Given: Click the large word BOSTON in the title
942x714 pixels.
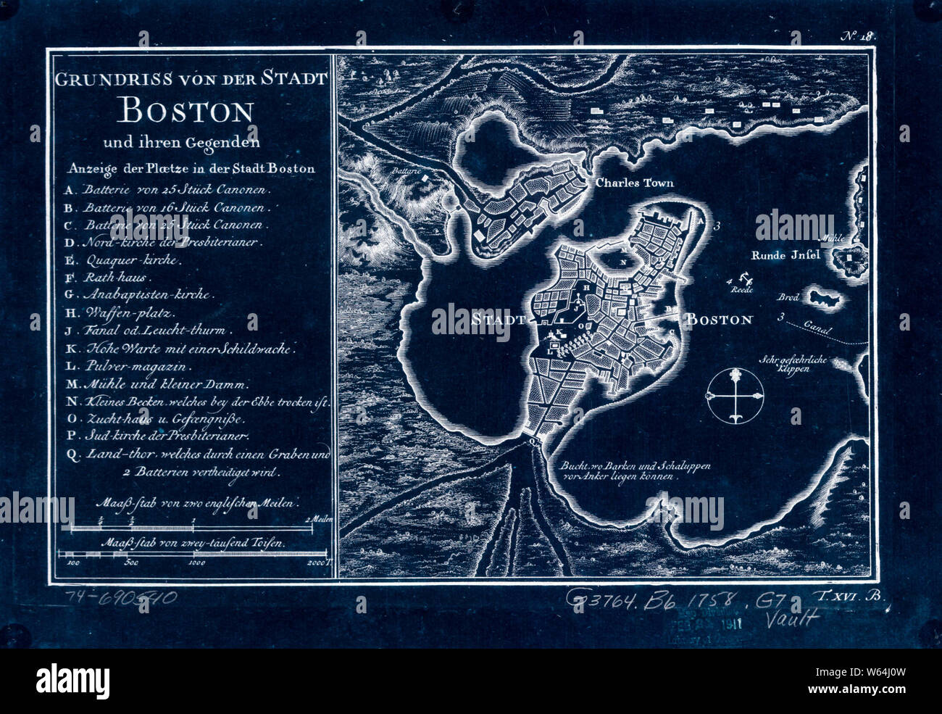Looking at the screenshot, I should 187,111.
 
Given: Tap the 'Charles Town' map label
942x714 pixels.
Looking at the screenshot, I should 634,183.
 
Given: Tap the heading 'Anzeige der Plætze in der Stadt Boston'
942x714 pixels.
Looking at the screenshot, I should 191,169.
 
